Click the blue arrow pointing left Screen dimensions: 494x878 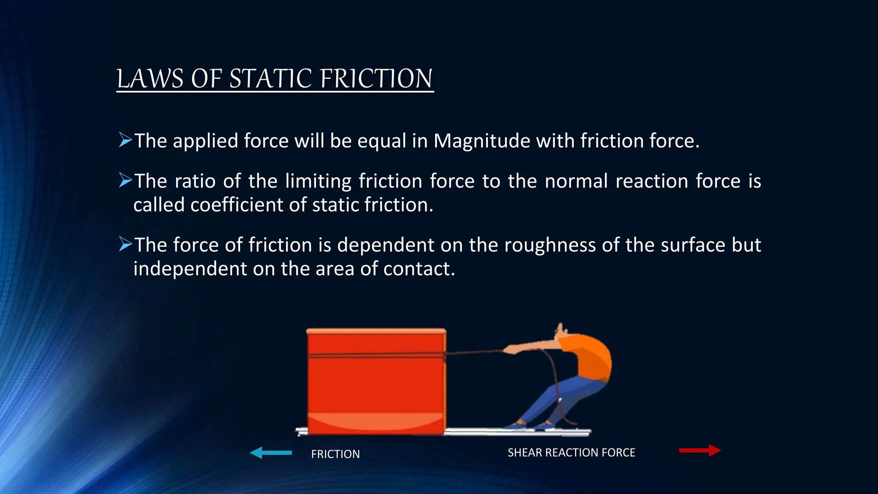click(x=270, y=452)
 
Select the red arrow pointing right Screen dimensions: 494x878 click(x=700, y=450)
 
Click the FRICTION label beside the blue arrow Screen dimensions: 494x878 click(x=335, y=454)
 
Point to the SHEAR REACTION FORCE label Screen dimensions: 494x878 click(x=571, y=452)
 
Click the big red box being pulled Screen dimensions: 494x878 click(x=376, y=382)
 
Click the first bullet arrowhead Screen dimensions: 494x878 click(x=125, y=140)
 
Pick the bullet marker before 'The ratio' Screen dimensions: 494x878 click(x=125, y=180)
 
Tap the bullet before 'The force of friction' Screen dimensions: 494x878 click(x=125, y=244)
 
